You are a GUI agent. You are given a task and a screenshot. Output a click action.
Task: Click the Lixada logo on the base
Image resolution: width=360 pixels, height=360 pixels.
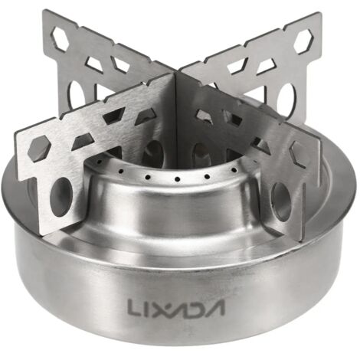(x=176, y=306)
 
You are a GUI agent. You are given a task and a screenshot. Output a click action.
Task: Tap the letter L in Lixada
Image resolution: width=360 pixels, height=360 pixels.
(x=134, y=306)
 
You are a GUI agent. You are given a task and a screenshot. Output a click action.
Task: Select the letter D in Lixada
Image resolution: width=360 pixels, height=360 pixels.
(x=194, y=307)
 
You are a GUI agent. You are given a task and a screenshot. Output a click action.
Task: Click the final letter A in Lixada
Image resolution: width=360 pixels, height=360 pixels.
(x=215, y=307)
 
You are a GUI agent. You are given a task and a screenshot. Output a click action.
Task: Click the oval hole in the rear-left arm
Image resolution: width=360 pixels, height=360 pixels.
(x=77, y=97)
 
